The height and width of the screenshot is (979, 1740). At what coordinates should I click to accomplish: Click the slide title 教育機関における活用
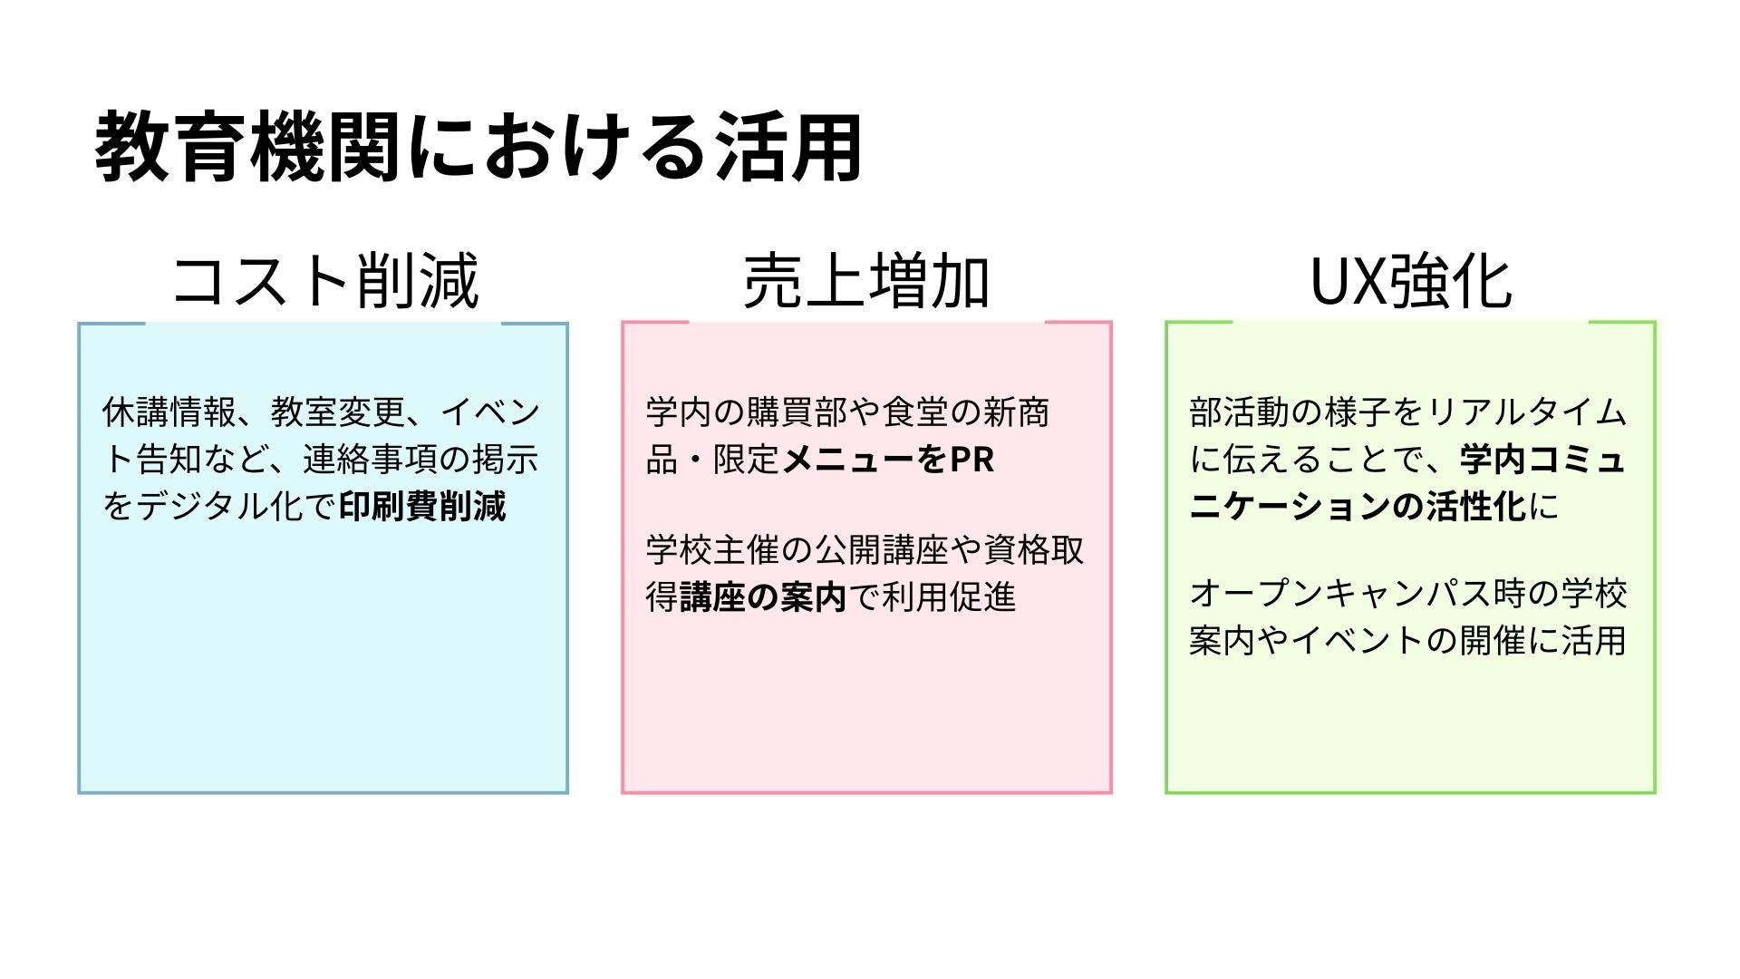coord(478,148)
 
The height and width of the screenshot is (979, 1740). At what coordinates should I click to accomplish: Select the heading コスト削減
coord(324,281)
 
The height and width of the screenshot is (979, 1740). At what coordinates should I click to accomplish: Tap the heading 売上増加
coord(865,281)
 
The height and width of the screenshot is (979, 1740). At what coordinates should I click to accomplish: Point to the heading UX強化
coord(1410,281)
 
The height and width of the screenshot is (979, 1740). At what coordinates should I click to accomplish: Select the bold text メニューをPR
coord(888,460)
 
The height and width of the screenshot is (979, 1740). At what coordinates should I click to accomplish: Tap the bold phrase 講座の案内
coord(763,597)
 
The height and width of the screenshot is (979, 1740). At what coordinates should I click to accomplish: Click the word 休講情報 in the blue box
coord(169,412)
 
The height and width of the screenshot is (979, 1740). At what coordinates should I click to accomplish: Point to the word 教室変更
coord(337,412)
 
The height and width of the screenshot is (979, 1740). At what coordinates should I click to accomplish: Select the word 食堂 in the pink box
coord(915,412)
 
